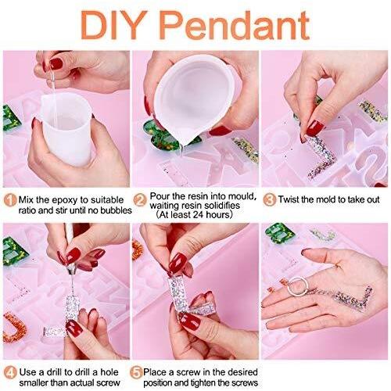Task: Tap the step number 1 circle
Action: [10, 200]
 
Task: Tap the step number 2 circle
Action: [140, 200]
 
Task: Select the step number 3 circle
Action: [270, 200]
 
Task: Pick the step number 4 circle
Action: [10, 373]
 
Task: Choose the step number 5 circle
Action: [136, 373]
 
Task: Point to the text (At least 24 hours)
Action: [194, 215]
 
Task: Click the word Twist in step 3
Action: [289, 199]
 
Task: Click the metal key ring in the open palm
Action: [298, 286]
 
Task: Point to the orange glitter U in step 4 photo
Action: [15, 328]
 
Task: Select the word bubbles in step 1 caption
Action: [117, 210]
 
